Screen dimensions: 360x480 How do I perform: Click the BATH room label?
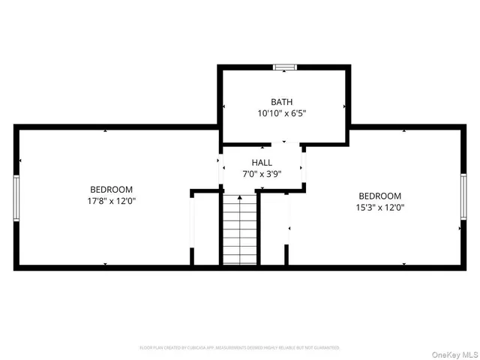(x=282, y=102)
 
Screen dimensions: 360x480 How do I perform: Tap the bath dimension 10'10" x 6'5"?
(x=282, y=114)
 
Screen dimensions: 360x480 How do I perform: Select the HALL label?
(x=262, y=162)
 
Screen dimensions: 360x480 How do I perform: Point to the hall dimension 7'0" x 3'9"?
(x=262, y=174)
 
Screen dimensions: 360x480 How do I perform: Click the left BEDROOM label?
(x=111, y=189)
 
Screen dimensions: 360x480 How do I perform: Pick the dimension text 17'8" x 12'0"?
(x=111, y=201)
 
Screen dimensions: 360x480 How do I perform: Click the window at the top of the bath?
(x=284, y=67)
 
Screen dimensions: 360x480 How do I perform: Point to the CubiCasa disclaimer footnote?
(x=239, y=348)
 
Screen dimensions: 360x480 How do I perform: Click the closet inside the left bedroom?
(x=205, y=227)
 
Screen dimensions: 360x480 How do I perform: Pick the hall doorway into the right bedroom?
(x=304, y=166)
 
